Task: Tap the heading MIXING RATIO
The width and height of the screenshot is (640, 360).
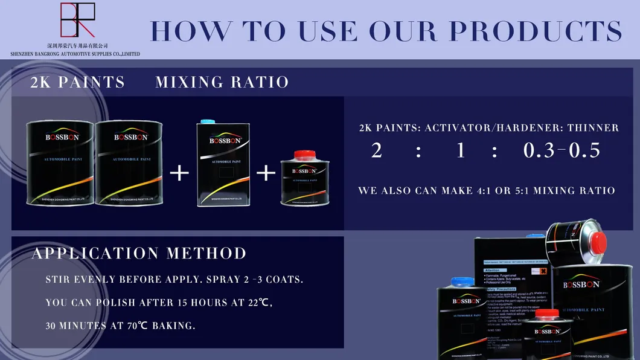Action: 222,82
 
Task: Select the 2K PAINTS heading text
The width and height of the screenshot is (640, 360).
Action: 77,82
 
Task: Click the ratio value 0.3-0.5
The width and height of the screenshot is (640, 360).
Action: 562,150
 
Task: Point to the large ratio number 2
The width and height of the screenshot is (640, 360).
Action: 377,150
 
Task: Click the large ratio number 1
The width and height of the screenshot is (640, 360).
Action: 461,150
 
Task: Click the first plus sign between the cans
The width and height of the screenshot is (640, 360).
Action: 179,173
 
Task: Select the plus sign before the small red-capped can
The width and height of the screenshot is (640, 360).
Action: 266,173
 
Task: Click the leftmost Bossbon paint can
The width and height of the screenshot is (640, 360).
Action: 59,162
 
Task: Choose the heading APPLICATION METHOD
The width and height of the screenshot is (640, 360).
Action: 139,254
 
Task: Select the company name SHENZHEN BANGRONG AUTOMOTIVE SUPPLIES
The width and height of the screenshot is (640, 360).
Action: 75,54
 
